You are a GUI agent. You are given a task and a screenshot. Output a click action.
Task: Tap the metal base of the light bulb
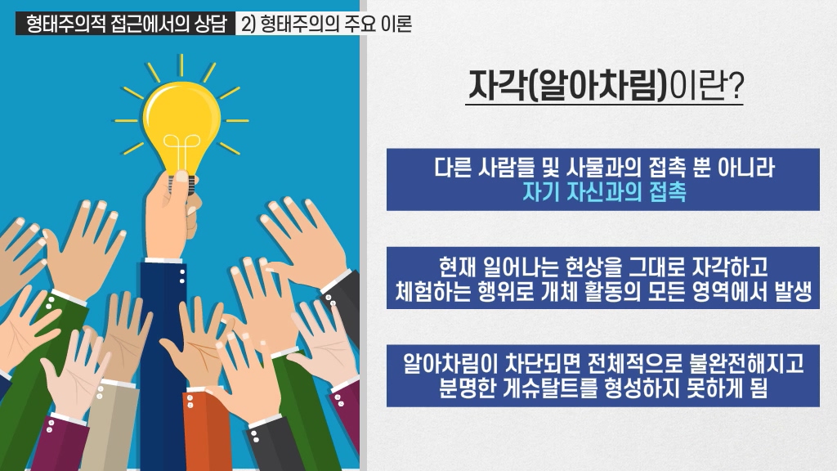coord(181,184)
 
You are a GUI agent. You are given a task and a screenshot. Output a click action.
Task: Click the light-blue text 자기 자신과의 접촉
coord(604,191)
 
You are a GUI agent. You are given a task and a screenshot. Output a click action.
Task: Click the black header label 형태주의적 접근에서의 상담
coord(126,24)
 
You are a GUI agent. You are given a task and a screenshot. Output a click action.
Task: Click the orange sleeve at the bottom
coord(205,433)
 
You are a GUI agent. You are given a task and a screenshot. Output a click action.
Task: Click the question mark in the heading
coord(736,86)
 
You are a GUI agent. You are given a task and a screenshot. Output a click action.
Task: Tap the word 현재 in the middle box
coord(458,267)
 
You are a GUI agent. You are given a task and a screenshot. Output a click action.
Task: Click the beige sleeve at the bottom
coord(110,427)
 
